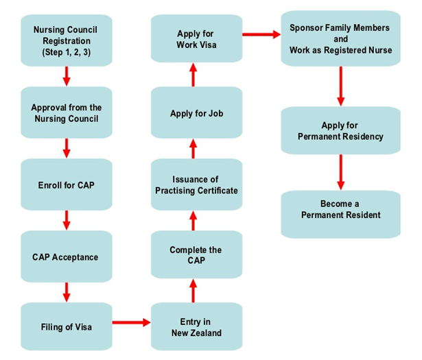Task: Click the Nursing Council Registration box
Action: point(67,40)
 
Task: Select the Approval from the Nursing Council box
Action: point(67,112)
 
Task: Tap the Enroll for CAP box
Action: point(67,185)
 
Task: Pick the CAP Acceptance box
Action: point(67,257)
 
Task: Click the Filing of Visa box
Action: point(67,327)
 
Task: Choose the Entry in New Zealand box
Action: point(196,327)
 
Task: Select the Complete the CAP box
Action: point(196,255)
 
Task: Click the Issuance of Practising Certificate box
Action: point(196,184)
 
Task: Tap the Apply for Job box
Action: point(196,113)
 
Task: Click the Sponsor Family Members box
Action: point(340,40)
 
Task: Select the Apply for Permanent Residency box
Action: point(340,131)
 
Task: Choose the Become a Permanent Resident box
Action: point(340,210)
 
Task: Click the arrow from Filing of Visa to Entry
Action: point(130,321)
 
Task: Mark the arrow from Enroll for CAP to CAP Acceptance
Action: point(67,221)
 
